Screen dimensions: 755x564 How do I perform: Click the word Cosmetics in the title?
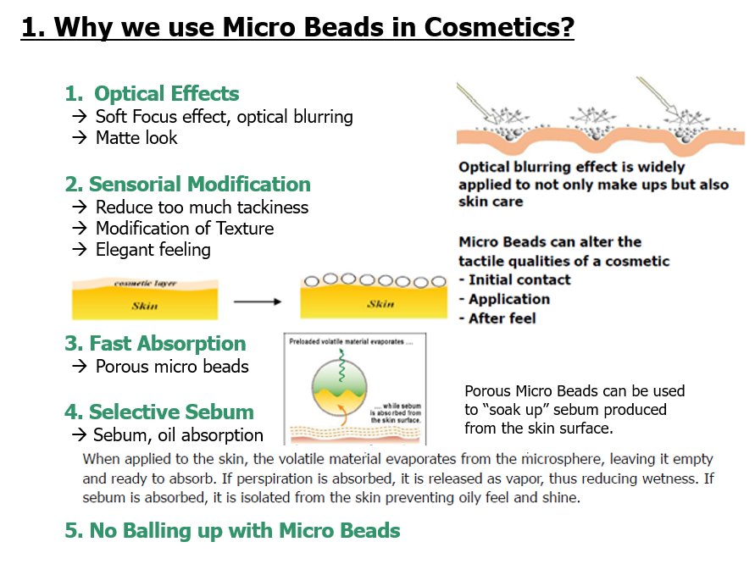tap(499, 27)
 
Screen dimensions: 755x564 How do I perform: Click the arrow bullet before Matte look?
tap(80, 138)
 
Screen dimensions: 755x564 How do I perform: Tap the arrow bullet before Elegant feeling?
tap(80, 249)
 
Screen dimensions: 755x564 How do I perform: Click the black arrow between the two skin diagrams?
tap(257, 301)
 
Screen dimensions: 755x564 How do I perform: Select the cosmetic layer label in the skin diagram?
tap(146, 283)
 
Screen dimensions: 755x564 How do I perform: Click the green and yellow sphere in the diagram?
tap(340, 387)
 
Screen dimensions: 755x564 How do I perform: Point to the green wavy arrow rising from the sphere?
tap(341, 365)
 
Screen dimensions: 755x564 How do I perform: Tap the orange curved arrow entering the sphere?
tap(341, 415)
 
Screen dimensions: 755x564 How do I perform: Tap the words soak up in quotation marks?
tap(518, 410)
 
